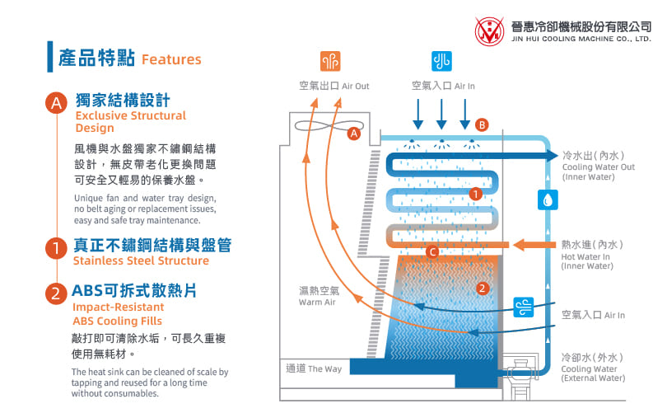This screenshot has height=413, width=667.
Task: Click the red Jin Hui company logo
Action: [491, 31]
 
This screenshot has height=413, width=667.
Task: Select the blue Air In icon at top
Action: [441, 62]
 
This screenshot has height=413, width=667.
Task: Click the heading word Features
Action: [171, 59]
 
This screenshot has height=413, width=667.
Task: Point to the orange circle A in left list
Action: [55, 103]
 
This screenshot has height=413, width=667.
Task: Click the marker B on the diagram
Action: [483, 125]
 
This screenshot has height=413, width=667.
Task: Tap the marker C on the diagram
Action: [432, 251]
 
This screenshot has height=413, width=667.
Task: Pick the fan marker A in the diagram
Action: [354, 133]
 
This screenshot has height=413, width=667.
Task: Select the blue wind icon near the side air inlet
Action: [524, 307]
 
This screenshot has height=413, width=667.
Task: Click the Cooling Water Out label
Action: [599, 167]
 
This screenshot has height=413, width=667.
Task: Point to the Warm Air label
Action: [318, 297]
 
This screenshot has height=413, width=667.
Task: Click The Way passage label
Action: [313, 368]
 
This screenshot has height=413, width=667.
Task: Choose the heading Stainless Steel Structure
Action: [141, 260]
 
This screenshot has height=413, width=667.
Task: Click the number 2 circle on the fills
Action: [483, 288]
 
